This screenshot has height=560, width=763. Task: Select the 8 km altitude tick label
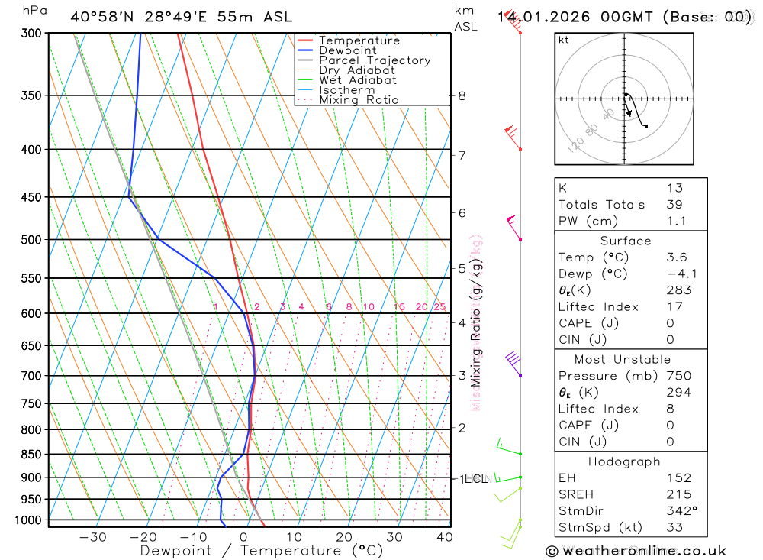(462, 96)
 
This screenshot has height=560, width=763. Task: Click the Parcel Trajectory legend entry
(374, 60)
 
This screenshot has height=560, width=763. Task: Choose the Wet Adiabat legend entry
(357, 80)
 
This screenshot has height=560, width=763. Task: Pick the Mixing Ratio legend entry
(359, 100)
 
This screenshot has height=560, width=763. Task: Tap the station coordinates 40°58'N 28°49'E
(140, 17)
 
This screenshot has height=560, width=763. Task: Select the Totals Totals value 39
(674, 205)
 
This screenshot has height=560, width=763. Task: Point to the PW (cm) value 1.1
(676, 222)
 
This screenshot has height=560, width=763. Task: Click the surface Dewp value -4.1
(678, 274)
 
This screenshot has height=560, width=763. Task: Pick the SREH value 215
(678, 494)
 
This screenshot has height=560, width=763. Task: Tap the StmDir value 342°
(680, 511)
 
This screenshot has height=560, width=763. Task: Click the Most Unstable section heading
(623, 360)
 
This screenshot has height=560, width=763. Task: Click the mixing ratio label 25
(439, 307)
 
